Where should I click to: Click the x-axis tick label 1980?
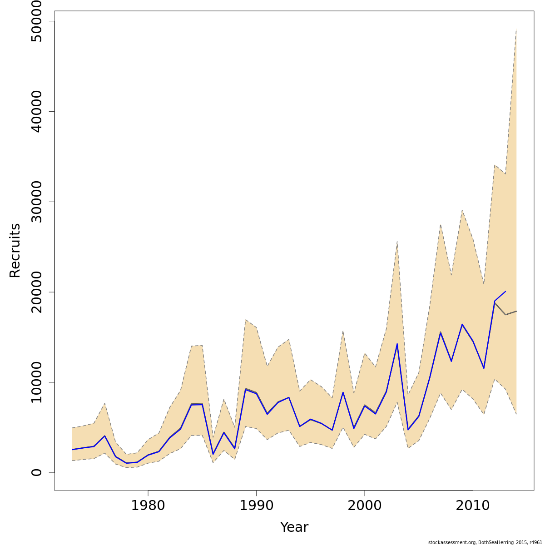coord(148,505)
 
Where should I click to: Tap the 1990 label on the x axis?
coord(256,505)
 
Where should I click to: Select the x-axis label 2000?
coord(365,505)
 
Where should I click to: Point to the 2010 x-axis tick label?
coord(473,505)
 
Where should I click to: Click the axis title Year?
coord(294,527)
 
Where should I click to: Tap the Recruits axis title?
coord(15,250)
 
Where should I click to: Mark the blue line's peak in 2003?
coord(397,344)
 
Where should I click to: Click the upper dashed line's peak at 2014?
coord(516,30)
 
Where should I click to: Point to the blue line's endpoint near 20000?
coord(505,292)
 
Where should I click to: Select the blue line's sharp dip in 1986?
coord(213,454)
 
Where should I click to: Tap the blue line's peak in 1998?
coord(343,392)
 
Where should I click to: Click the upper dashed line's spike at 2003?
coord(397,242)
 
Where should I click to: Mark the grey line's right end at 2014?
coord(516,311)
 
